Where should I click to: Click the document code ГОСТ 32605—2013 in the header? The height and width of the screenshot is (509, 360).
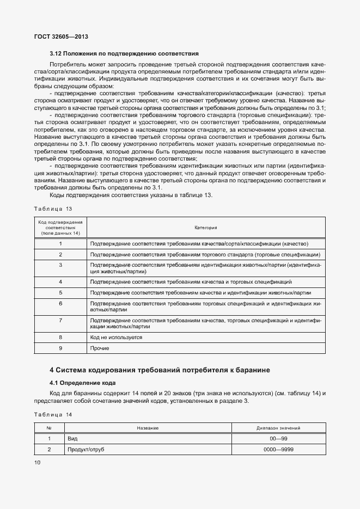tap(61, 36)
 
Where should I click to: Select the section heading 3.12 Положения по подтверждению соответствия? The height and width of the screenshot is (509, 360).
tap(124, 54)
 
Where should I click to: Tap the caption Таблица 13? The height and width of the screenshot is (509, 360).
tap(53, 208)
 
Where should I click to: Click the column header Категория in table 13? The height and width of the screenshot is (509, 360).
tap(206, 228)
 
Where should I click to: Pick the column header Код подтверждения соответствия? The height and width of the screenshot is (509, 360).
tap(60, 228)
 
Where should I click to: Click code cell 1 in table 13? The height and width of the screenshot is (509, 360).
tap(60, 244)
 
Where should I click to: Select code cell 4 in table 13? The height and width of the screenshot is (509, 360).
tap(60, 282)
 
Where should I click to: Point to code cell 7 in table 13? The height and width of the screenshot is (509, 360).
tap(60, 321)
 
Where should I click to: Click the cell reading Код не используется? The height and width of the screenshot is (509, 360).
tap(116, 338)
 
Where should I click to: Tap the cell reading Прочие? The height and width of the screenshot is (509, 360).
tap(100, 348)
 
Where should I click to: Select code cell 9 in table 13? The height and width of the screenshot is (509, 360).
tap(60, 348)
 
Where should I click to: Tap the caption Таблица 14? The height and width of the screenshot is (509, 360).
tap(53, 415)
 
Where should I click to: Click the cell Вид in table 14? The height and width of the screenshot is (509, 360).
tap(72, 439)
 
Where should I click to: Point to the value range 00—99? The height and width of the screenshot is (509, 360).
tap(279, 439)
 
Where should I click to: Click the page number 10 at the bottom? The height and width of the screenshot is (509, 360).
tap(37, 463)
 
